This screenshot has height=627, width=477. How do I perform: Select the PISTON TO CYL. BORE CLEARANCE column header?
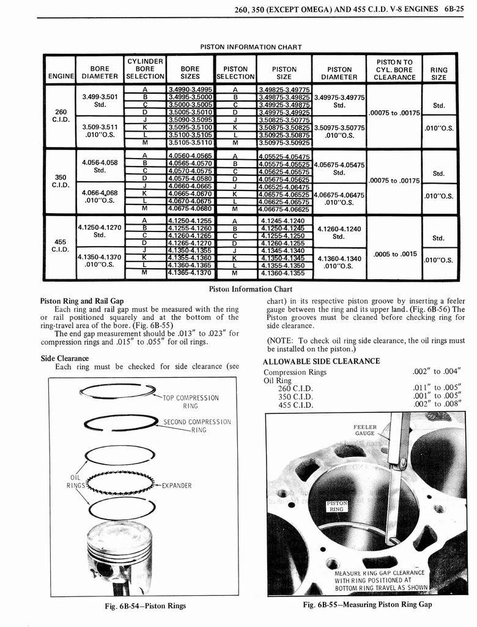[x=394, y=69]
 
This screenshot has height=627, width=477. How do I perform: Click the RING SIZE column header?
[x=438, y=73]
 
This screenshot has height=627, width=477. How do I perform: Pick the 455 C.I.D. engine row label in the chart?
[x=60, y=246]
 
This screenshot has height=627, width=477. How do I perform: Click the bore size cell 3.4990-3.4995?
[x=190, y=89]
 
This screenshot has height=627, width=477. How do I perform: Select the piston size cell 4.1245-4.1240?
[x=283, y=220]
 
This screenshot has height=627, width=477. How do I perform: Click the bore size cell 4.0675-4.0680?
[x=190, y=209]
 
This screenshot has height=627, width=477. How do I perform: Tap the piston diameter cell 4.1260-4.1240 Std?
[x=339, y=233]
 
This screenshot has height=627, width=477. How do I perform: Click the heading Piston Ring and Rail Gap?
[x=81, y=301]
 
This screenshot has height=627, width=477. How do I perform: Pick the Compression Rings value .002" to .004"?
[x=436, y=372]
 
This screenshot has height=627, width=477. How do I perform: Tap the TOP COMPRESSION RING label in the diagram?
[x=191, y=401]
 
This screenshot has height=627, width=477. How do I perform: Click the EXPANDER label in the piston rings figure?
[x=177, y=486]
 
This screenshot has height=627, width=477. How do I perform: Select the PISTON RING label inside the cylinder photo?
[x=337, y=506]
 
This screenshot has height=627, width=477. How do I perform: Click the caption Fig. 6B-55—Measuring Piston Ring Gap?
[x=367, y=604]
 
